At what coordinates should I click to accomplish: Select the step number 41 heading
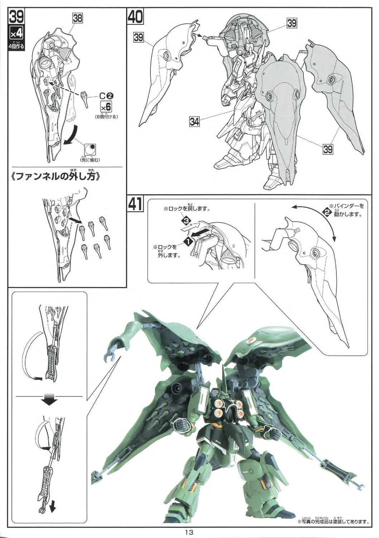(x=135, y=203)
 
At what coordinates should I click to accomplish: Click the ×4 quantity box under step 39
(x=17, y=34)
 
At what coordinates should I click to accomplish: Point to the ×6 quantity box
(x=106, y=107)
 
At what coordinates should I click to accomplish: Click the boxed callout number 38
(x=77, y=18)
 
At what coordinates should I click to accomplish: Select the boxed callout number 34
(x=195, y=122)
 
